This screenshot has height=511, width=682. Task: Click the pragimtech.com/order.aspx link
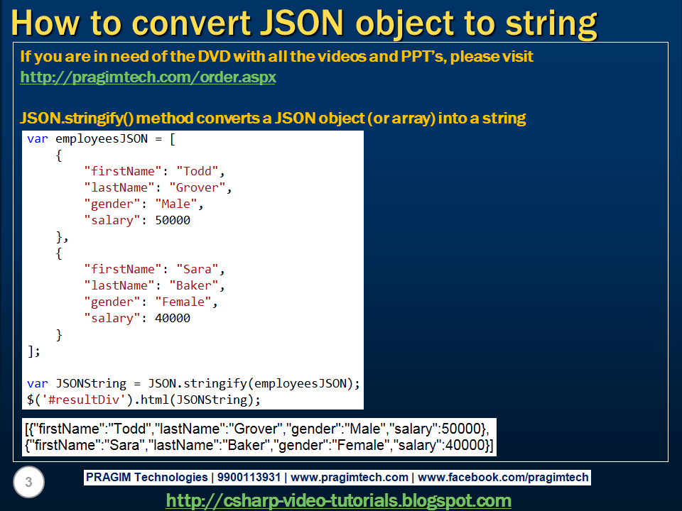[x=148, y=77]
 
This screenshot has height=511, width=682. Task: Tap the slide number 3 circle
[x=28, y=483]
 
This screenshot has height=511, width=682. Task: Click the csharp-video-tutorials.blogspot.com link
[x=338, y=500]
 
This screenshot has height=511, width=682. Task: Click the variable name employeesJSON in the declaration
[x=102, y=138]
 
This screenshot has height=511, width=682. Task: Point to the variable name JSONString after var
[x=91, y=383]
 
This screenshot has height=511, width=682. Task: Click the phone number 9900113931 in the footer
[x=251, y=478]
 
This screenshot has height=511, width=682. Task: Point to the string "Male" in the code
[x=175, y=204]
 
